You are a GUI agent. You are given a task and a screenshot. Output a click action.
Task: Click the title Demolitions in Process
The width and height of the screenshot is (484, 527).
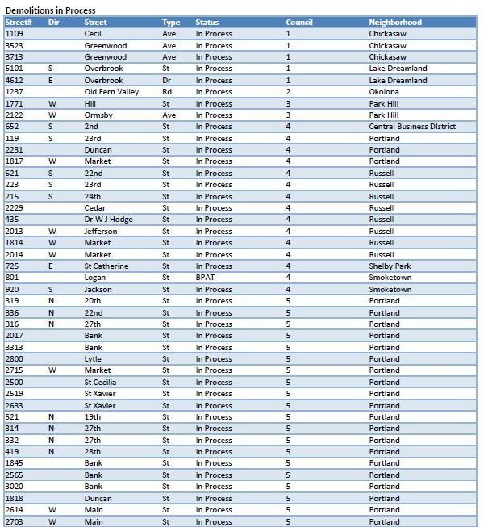(50, 10)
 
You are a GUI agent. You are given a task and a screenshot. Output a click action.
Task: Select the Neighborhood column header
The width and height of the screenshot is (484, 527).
(395, 23)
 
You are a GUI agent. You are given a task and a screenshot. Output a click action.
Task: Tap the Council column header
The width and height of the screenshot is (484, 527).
(299, 23)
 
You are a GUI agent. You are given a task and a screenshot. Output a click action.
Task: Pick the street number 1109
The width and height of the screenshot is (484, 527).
(14, 34)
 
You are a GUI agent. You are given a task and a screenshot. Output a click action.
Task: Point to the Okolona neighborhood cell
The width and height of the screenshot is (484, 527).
(384, 92)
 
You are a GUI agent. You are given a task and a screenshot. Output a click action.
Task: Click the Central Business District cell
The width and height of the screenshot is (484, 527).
(412, 127)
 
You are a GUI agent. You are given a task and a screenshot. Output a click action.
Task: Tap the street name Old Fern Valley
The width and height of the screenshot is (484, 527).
(111, 92)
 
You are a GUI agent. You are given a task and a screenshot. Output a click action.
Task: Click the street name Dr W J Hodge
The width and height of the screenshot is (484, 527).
(108, 220)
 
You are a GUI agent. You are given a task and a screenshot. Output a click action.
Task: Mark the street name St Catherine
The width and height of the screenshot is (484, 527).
(106, 266)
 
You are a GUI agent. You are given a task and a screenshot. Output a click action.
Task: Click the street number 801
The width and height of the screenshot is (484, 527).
(11, 278)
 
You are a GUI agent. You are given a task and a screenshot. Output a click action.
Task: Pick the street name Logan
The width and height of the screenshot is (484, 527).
(95, 278)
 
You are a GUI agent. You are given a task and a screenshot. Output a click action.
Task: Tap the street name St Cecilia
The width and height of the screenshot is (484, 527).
(100, 383)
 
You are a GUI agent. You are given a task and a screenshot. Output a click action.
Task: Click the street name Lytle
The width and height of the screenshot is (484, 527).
(94, 359)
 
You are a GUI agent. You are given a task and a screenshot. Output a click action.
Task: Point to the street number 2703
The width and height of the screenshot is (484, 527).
(14, 522)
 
